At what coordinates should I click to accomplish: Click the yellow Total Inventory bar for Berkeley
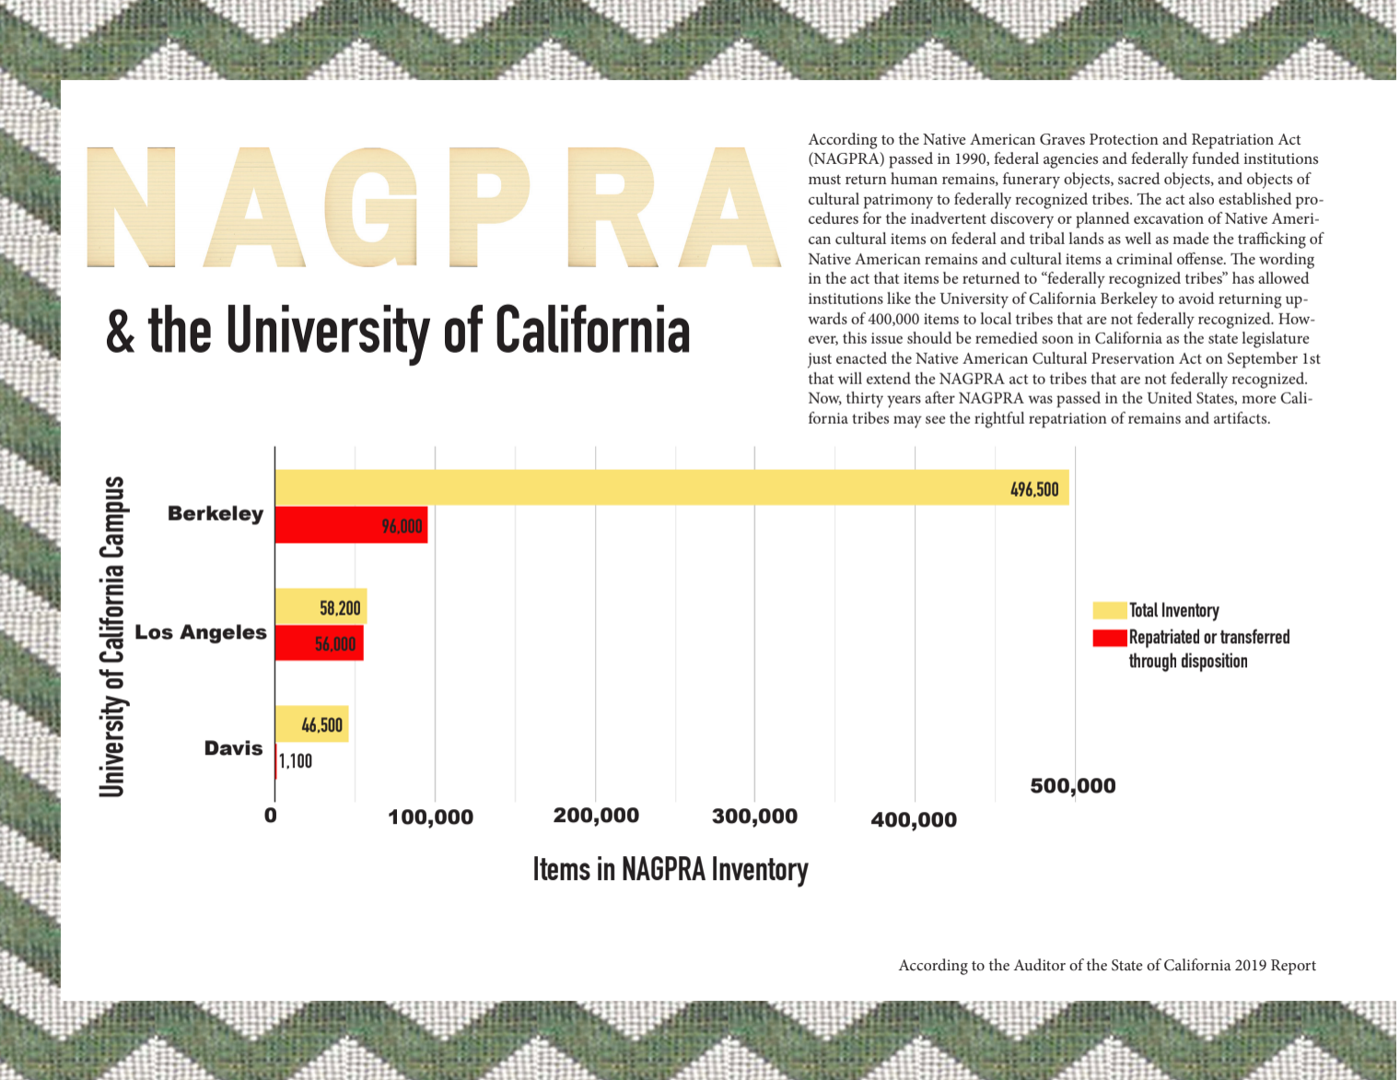645,487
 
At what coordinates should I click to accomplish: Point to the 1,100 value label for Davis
296,761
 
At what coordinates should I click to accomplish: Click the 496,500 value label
1034,489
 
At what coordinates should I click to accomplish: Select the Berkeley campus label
216,513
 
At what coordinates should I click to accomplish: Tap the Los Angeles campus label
201,632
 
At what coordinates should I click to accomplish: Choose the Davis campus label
233,748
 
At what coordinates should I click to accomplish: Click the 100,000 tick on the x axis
430,817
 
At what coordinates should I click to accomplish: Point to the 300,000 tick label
754,816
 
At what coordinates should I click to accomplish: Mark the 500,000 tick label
1072,786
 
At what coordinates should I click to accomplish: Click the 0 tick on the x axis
270,816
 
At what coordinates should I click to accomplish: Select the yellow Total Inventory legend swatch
1109,610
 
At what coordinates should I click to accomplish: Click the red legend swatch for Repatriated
1109,638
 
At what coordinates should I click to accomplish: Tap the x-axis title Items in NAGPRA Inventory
671,869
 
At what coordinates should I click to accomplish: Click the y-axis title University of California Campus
111,636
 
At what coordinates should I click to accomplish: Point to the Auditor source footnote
1107,965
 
